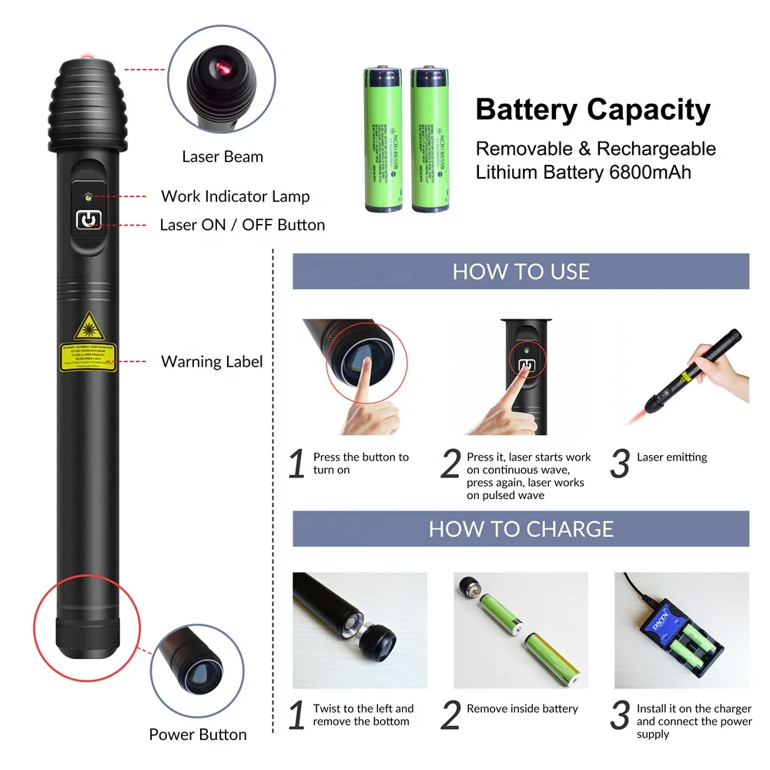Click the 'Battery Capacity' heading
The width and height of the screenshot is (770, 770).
tap(592, 110)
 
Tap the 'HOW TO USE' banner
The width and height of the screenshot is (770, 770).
tap(521, 272)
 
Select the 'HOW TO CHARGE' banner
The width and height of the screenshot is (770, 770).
tap(521, 529)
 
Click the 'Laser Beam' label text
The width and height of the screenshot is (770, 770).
tap(222, 157)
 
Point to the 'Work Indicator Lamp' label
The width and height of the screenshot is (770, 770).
tap(235, 196)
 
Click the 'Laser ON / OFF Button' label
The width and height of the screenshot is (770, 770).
tap(242, 225)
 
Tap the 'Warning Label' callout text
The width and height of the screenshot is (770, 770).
tap(212, 362)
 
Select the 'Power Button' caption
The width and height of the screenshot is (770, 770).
tap(198, 735)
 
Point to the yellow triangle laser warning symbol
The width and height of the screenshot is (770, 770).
tap(89, 327)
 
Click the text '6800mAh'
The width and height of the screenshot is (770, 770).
tap(648, 172)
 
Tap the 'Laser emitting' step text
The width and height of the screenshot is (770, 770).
tap(671, 457)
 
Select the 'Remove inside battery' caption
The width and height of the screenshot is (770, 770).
tap(522, 708)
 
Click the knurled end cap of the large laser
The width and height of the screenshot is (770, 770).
tap(86, 637)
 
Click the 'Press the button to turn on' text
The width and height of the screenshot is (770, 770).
tap(360, 464)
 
